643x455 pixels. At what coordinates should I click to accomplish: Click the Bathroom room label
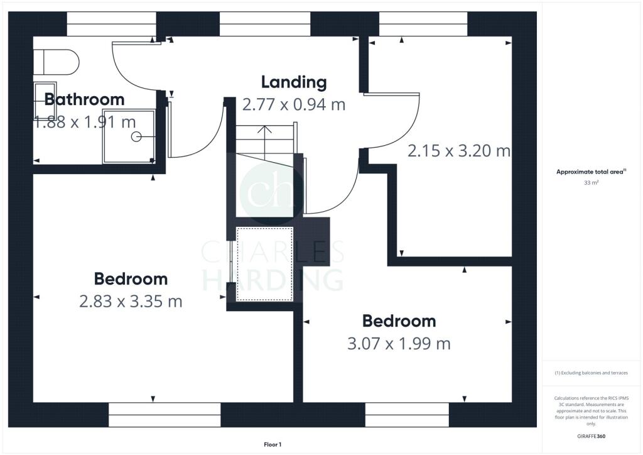click(84, 99)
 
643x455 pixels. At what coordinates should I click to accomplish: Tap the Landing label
click(294, 82)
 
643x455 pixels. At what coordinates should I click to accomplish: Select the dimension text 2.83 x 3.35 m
click(131, 302)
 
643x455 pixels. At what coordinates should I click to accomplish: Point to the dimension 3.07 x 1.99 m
click(399, 344)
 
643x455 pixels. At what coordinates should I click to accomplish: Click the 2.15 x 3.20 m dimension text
click(459, 151)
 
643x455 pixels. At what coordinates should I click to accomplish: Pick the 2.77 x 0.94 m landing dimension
click(294, 104)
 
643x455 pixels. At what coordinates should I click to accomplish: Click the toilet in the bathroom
click(57, 63)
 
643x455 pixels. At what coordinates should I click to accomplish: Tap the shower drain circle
click(136, 136)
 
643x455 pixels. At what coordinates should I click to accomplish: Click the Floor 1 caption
click(273, 444)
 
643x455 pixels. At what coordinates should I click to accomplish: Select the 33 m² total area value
click(592, 184)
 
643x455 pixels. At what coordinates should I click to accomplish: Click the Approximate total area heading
click(591, 172)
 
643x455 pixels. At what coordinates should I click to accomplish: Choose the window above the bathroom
click(112, 24)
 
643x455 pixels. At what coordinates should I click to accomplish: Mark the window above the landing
click(265, 24)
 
